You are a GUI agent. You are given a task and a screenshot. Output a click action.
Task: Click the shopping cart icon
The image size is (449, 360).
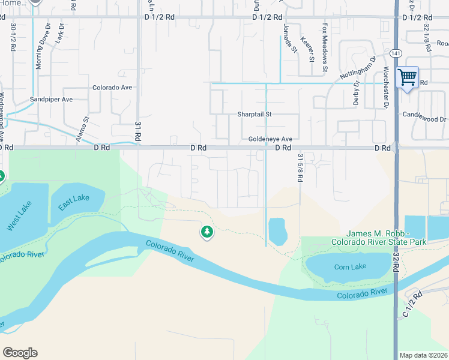tap(408, 77)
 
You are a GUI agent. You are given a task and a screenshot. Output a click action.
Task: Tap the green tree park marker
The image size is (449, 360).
tap(206, 231)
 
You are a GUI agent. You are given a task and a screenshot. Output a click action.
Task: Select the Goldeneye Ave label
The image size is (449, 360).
tap(270, 139)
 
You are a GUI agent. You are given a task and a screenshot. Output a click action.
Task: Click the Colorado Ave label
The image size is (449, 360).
tap(112, 88)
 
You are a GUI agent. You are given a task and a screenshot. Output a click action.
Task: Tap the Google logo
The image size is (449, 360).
tap(20, 353)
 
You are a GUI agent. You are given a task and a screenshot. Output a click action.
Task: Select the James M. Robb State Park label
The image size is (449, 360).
tap(386, 238)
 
